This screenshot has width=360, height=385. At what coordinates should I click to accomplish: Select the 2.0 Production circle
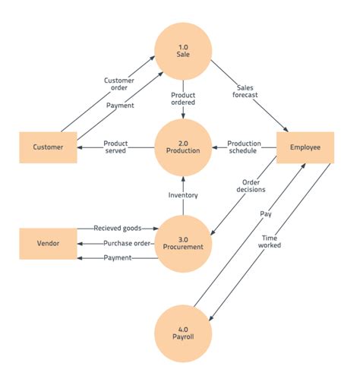(x=183, y=147)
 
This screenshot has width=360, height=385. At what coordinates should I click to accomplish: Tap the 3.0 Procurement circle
(x=183, y=244)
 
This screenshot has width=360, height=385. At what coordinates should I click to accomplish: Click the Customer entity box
(x=48, y=147)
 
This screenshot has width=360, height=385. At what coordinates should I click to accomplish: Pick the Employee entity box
(x=305, y=147)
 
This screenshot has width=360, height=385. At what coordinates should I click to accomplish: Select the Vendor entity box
(x=48, y=244)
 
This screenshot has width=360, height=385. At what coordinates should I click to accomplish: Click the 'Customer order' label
(x=120, y=84)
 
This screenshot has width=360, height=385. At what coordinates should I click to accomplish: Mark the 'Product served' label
(x=115, y=147)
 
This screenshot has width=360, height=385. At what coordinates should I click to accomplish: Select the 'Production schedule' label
(x=245, y=147)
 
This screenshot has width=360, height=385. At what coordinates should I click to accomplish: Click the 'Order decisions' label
(x=253, y=186)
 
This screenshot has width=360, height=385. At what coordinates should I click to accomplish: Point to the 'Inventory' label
(x=183, y=195)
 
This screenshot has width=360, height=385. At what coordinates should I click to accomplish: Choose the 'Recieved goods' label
(x=118, y=228)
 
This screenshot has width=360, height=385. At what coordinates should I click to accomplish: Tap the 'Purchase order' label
(x=126, y=244)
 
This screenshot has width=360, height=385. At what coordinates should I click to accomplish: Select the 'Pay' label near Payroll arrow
(x=266, y=215)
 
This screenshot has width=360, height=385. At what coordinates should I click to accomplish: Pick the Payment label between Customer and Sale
(x=120, y=106)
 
